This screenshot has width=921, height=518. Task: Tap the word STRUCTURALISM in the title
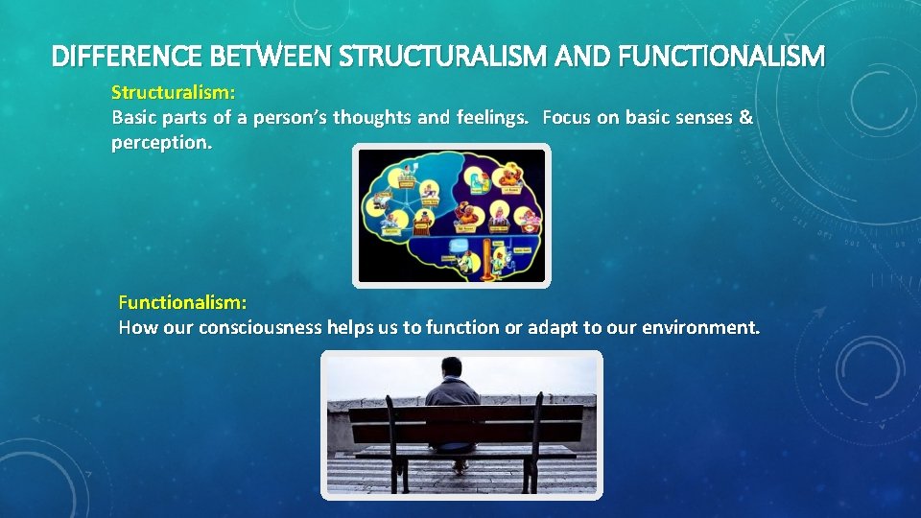pyautogui.click(x=415, y=58)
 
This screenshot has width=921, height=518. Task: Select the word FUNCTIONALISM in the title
pyautogui.click(x=721, y=58)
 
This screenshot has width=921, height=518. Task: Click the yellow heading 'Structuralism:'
pyautogui.click(x=174, y=93)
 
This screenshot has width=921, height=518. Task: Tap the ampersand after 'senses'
pyautogui.click(x=746, y=118)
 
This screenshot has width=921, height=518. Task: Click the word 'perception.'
pyautogui.click(x=161, y=143)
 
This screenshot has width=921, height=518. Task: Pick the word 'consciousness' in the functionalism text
pyautogui.click(x=260, y=327)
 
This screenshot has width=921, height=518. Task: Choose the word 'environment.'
pyautogui.click(x=701, y=327)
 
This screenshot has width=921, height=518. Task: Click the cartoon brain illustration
pyautogui.click(x=452, y=216)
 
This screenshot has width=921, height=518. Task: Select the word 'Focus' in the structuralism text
pyautogui.click(x=568, y=118)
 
